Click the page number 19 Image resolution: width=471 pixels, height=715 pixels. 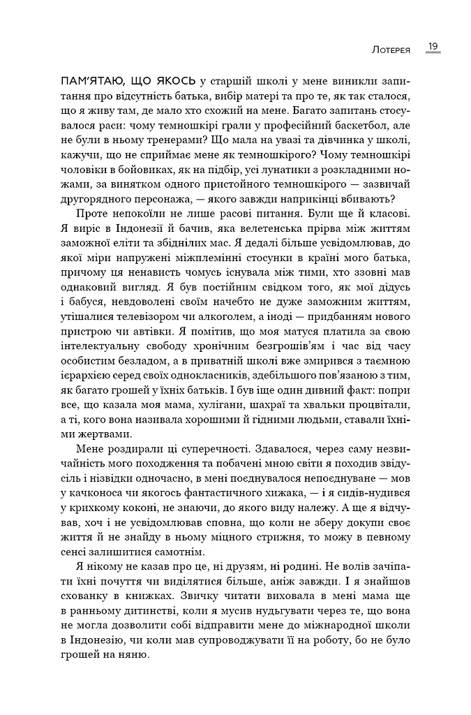tap(433, 47)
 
